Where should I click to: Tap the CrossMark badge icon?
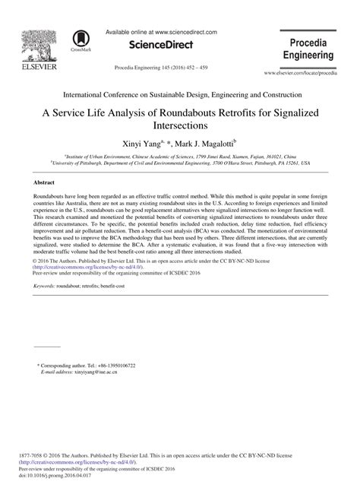[x=80, y=40]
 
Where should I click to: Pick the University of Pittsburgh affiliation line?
[x=180, y=163]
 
